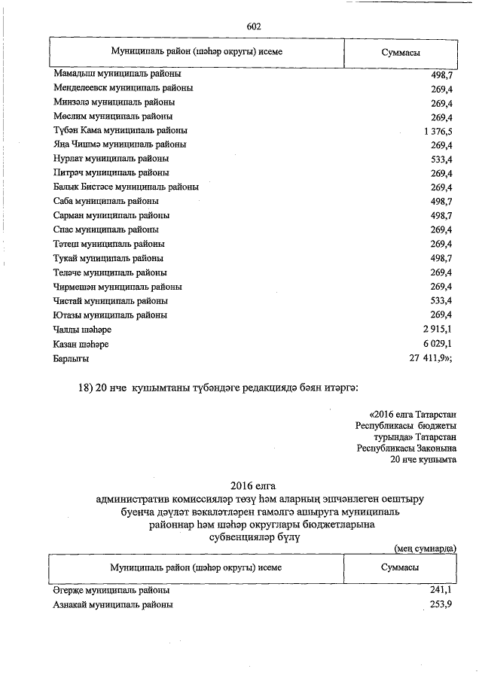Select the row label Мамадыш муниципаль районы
(117, 74)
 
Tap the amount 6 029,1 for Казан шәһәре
(435, 344)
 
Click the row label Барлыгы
(72, 358)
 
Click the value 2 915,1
(435, 330)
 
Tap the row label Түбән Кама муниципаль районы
(120, 130)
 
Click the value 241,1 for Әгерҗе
(440, 591)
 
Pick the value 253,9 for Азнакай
(440, 605)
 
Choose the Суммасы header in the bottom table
(401, 567)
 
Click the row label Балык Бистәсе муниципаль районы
(126, 187)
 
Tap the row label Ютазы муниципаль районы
(111, 315)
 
